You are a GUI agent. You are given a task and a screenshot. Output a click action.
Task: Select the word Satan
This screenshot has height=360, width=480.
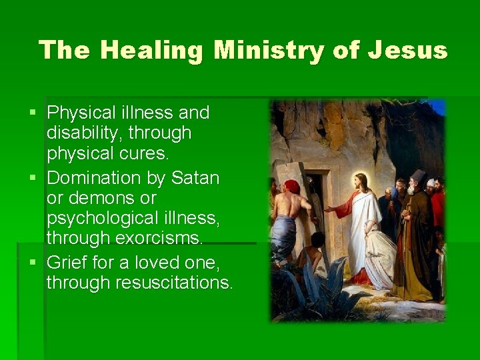pos(195,178)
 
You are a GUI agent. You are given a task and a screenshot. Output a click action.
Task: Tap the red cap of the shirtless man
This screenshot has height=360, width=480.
pos(292,186)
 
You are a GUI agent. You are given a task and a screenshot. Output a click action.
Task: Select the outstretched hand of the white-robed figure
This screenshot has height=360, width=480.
pos(329,209)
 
